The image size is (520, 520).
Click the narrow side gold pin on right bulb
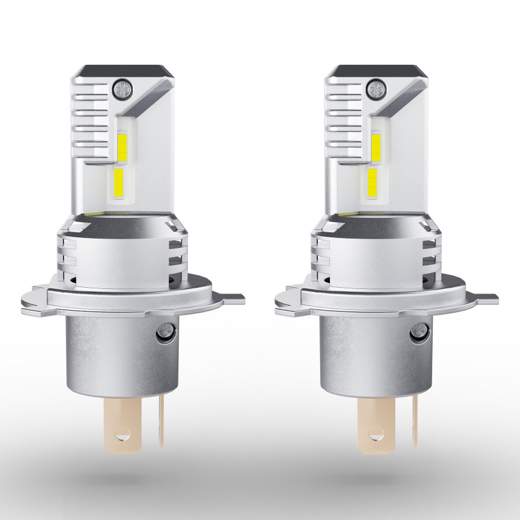pyautogui.click(x=414, y=421)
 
